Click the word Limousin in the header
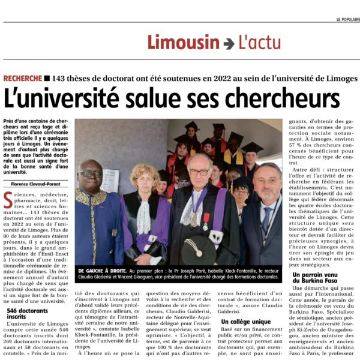click(x=184, y=43)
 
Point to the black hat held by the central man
click(x=201, y=252)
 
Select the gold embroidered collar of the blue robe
click(x=91, y=198)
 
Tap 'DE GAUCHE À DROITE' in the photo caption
click(x=100, y=271)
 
